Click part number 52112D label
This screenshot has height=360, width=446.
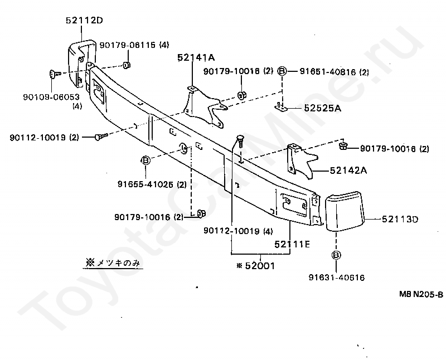pos(84,21)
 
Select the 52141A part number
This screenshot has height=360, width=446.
pos(196,57)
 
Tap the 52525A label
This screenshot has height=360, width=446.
pos(322,109)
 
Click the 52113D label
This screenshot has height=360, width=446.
pos(400,220)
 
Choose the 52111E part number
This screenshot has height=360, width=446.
pos(292,244)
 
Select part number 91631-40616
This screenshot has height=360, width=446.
pos(336,277)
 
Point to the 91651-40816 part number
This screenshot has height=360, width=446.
pos(327,71)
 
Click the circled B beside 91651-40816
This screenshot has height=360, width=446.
pos(282,71)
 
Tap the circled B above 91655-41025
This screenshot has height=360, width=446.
pos(146,161)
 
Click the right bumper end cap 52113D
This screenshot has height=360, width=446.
pos(343,211)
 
